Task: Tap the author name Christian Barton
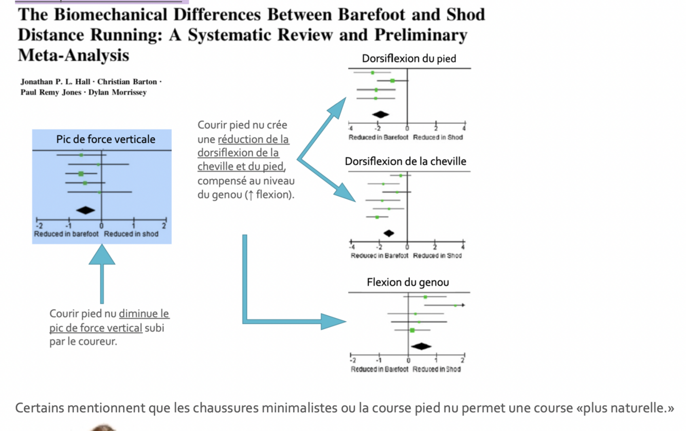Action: click(127, 82)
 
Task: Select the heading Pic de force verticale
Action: click(105, 139)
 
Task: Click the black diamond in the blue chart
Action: click(85, 210)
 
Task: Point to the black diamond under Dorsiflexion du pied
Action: click(380, 114)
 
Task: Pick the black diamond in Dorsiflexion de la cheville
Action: click(389, 233)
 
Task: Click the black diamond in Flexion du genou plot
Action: click(421, 346)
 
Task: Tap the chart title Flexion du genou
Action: click(407, 282)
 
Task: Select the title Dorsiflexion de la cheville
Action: click(405, 161)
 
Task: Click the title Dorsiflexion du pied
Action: click(409, 59)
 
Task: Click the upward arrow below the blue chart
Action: click(102, 272)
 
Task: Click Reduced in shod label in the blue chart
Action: click(131, 234)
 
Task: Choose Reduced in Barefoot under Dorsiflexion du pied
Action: click(378, 137)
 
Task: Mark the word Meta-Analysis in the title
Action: click(73, 55)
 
